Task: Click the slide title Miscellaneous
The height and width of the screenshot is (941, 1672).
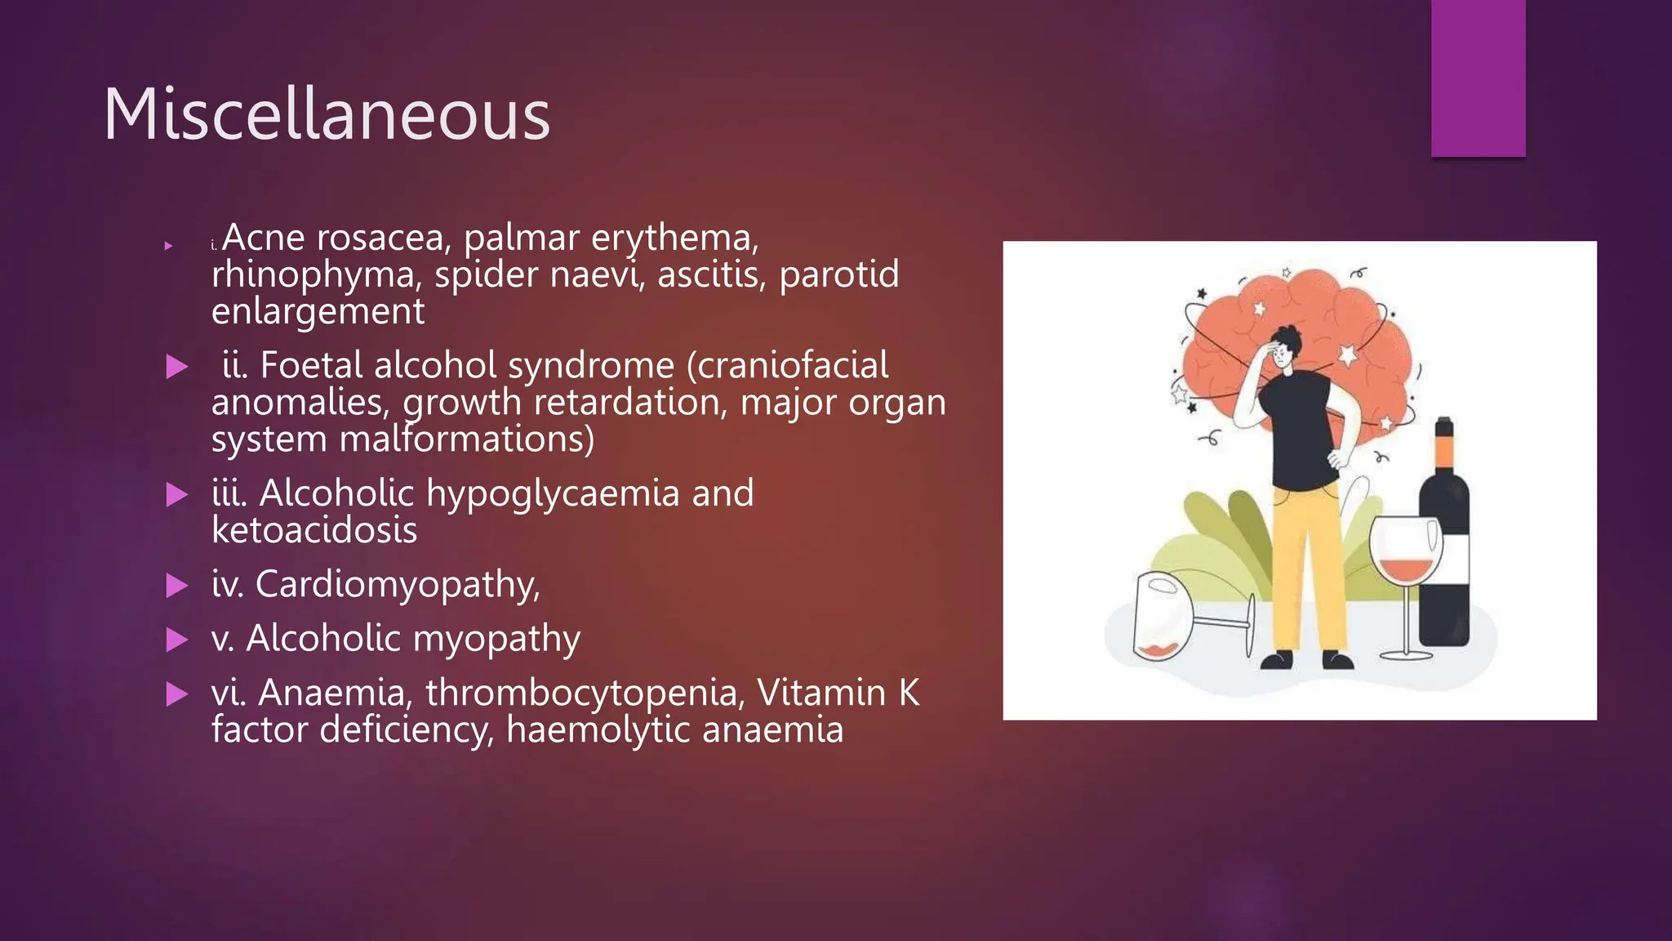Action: (327, 114)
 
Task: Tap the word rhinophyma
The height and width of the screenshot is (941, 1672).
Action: (316, 274)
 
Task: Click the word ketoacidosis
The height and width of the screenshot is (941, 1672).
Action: (314, 530)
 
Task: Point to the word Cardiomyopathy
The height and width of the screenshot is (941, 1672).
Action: (397, 585)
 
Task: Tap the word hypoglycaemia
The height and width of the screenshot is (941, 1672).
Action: (553, 493)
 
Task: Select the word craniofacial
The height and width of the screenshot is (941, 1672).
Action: (788, 365)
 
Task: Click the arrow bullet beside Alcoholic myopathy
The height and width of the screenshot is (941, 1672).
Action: (176, 640)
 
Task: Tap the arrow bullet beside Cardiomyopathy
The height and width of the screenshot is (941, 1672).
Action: (176, 585)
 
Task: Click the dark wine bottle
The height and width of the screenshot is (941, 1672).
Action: (1444, 572)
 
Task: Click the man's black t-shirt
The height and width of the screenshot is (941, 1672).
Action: (1298, 433)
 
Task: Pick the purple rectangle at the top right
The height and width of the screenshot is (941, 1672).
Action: (1478, 78)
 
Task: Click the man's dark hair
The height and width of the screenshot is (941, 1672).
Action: (1287, 337)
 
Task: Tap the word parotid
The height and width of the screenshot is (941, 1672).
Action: (838, 274)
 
